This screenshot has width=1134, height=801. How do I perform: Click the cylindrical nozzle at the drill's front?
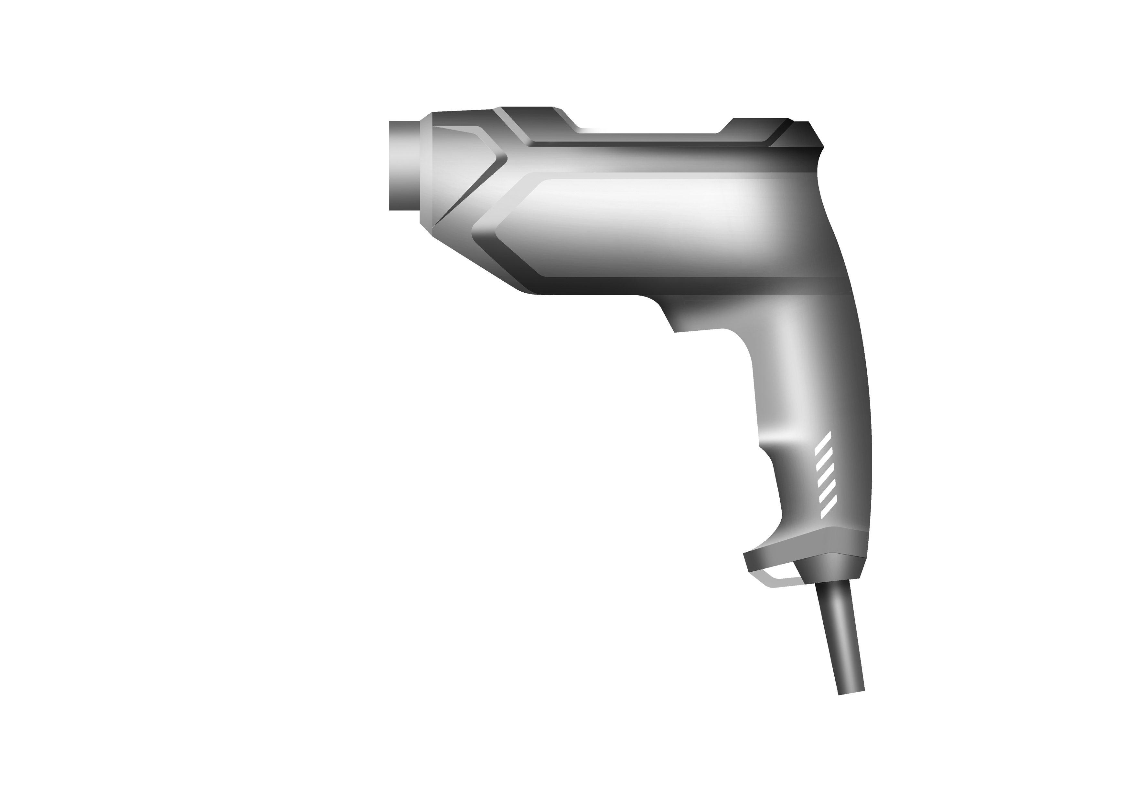(404, 165)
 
